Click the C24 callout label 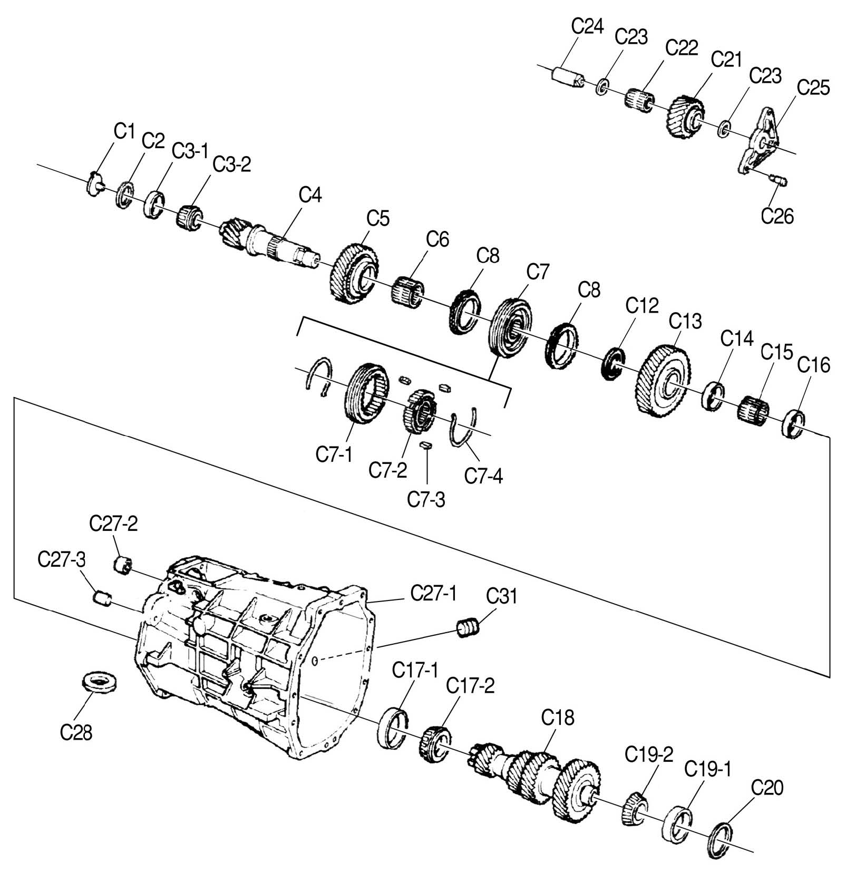(587, 26)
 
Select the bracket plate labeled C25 (760, 139)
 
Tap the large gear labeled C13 (665, 380)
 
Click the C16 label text (813, 365)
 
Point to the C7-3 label (426, 498)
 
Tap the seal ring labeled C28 (99, 683)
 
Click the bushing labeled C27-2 (123, 565)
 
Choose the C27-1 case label (433, 594)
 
